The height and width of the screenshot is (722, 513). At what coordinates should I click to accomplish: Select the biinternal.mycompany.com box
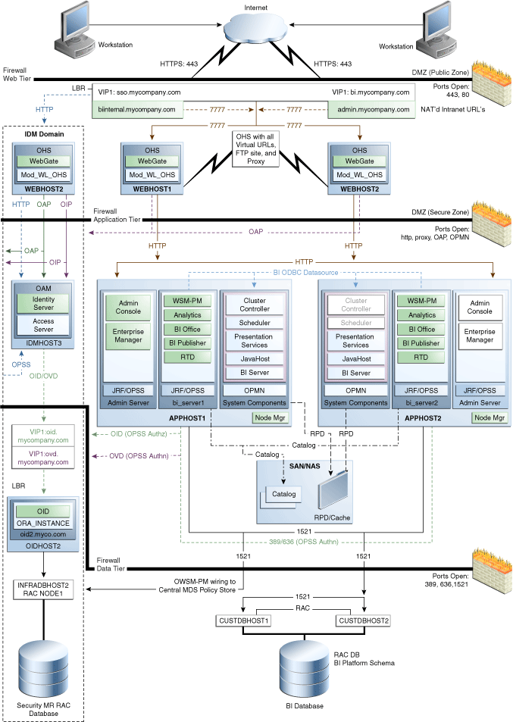(137, 110)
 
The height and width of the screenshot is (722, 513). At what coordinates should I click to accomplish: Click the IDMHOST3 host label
(42, 342)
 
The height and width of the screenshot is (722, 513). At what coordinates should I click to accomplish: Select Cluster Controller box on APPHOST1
(254, 305)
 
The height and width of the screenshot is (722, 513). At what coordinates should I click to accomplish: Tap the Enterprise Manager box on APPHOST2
(480, 336)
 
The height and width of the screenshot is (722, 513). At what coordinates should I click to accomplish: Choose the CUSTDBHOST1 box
(242, 620)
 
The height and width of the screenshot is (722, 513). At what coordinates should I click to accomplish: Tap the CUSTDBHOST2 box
(364, 620)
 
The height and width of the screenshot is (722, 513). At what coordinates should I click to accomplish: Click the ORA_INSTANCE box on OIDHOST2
(42, 524)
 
